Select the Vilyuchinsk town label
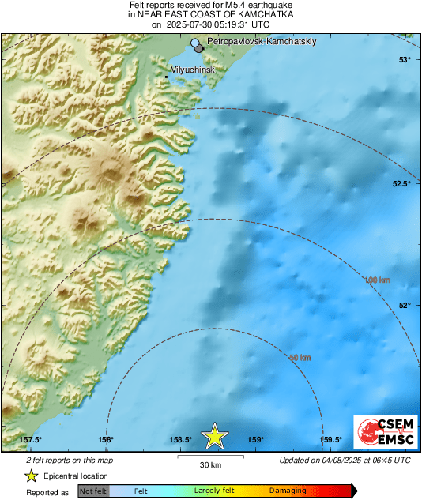[193, 70]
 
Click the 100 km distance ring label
[378, 280]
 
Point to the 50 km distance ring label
[300, 358]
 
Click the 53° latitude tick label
[404, 60]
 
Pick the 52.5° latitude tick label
[402, 183]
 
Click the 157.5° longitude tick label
[30, 440]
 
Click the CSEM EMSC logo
[382, 432]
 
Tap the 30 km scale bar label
[209, 464]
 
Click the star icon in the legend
[31, 476]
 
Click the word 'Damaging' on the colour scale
[288, 491]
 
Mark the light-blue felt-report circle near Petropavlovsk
[194, 43]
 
